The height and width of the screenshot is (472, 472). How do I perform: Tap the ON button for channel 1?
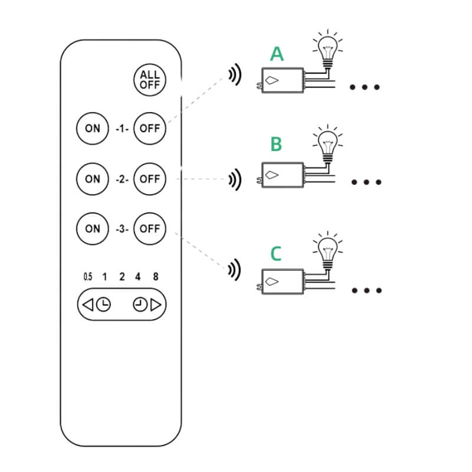click(93, 129)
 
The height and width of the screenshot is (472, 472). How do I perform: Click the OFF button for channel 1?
click(150, 129)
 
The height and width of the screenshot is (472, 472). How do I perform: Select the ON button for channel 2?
click(93, 179)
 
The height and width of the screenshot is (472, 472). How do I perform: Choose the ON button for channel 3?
click(93, 229)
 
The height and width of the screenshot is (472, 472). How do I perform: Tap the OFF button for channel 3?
click(150, 229)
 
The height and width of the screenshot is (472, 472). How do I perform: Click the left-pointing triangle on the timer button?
click(88, 304)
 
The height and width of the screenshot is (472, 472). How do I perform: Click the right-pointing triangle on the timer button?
click(156, 304)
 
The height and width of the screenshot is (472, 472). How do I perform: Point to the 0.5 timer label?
click(88, 277)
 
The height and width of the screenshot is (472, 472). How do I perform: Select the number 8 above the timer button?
click(156, 277)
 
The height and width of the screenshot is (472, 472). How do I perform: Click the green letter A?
click(277, 54)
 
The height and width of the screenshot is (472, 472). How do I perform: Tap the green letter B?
click(276, 144)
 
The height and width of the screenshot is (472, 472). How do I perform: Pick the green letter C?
click(276, 254)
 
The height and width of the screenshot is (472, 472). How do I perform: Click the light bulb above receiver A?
click(328, 50)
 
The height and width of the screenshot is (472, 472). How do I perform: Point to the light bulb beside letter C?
click(328, 251)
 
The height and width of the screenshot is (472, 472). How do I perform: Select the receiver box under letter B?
click(283, 175)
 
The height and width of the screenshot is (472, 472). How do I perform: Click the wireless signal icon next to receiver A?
click(235, 74)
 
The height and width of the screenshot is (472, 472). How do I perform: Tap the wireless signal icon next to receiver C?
click(234, 270)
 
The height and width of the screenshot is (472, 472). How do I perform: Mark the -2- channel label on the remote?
click(122, 179)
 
